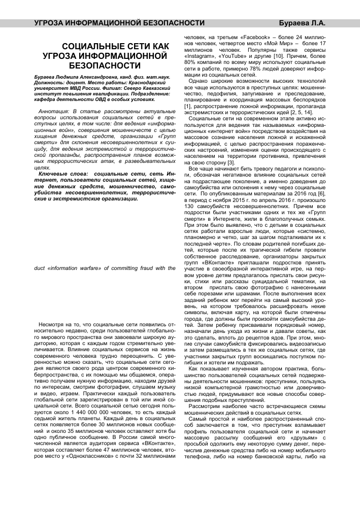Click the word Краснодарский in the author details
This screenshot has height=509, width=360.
coord(146,84)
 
